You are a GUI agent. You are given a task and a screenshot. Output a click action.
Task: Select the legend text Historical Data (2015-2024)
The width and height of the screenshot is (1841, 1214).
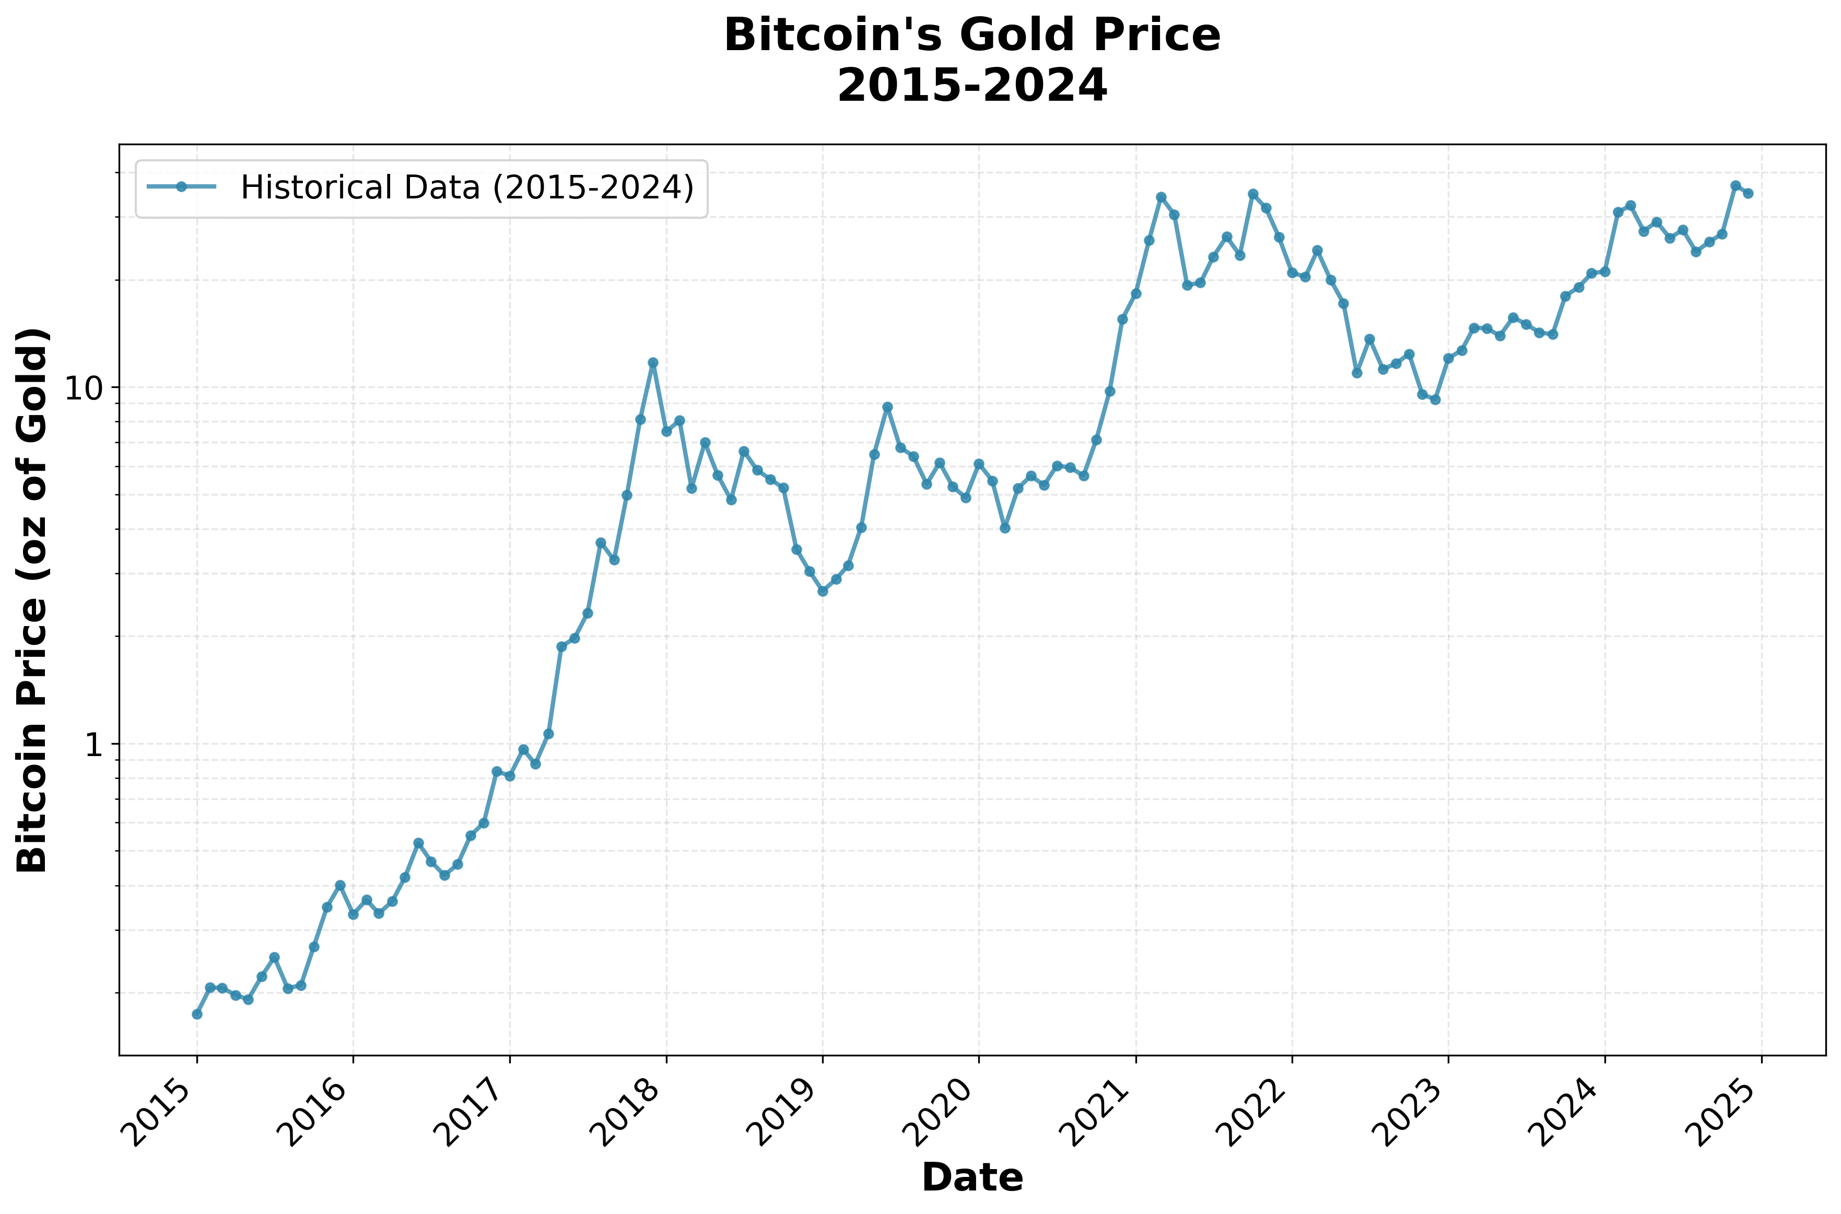[x=467, y=187]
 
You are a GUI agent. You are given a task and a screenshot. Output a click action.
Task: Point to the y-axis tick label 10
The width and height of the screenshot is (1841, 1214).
[x=83, y=388]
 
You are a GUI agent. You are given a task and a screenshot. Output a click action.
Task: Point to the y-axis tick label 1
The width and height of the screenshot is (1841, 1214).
[x=93, y=744]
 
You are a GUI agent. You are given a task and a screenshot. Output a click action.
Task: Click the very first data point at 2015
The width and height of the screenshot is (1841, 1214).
[x=197, y=1013]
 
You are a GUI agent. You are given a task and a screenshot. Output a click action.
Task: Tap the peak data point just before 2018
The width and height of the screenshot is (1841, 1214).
[x=653, y=362]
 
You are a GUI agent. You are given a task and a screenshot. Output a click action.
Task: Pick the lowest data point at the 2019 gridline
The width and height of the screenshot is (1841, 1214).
[x=822, y=591]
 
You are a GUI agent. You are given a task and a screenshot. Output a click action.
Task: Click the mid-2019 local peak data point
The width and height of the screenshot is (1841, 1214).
[x=887, y=406]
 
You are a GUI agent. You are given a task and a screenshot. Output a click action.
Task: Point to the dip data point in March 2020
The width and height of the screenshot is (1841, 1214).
[x=1005, y=527]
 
